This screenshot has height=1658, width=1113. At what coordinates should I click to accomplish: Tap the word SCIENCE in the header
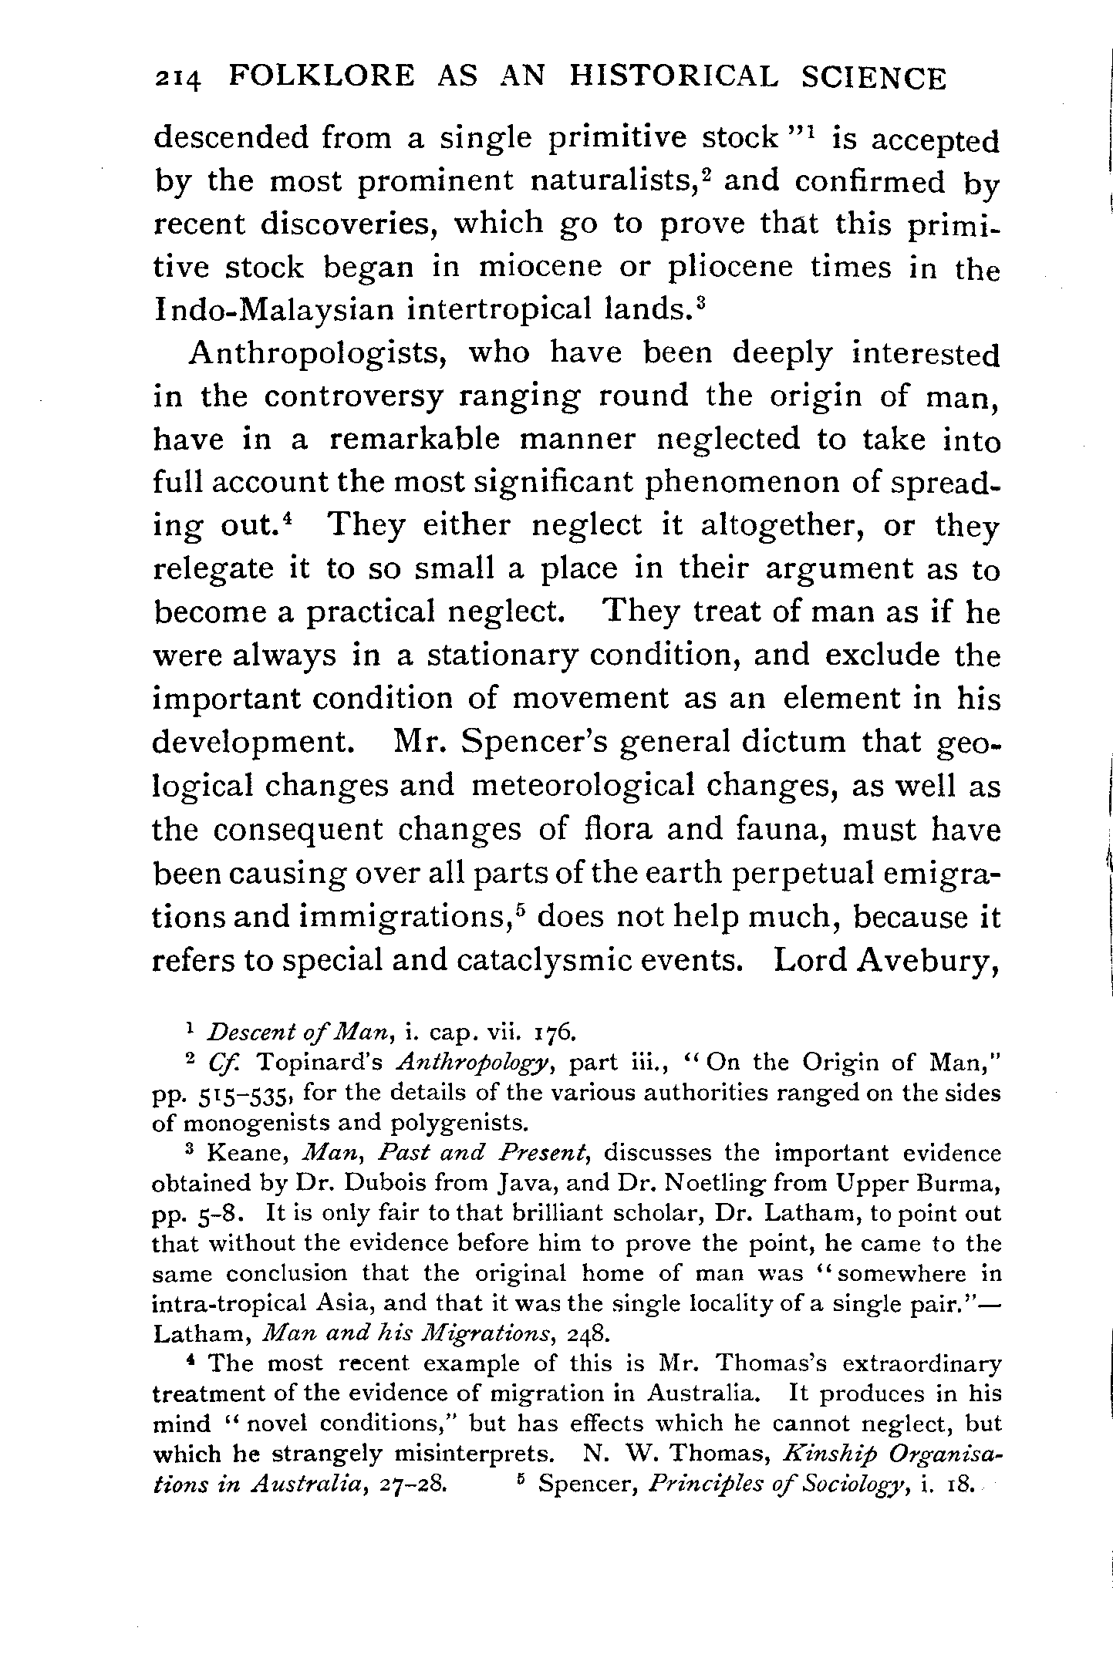point(874,78)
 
